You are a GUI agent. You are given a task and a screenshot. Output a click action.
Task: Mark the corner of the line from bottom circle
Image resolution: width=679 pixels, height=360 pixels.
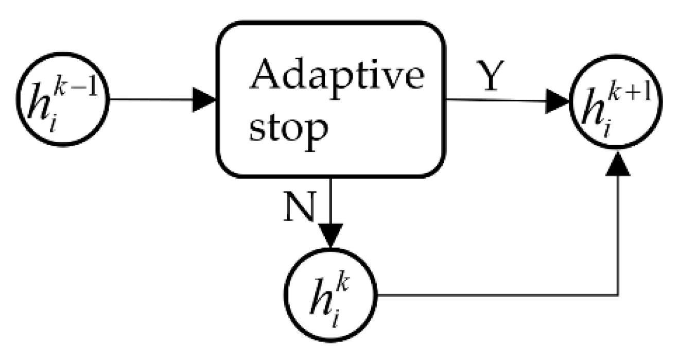pos(617,295)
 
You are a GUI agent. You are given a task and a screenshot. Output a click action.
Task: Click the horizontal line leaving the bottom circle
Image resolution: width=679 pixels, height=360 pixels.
pos(489,295)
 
